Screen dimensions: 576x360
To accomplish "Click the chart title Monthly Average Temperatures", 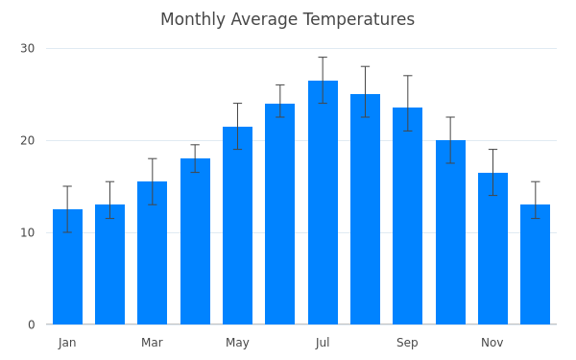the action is (288, 19).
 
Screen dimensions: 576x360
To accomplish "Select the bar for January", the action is (67, 267).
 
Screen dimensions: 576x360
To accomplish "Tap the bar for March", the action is (152, 252).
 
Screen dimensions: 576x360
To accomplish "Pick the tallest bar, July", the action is (323, 203).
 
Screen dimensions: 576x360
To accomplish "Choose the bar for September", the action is (407, 216).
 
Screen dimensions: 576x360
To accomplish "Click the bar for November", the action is (493, 249).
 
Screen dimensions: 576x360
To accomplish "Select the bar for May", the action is (238, 226).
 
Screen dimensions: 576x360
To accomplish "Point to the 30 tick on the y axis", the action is (28, 48).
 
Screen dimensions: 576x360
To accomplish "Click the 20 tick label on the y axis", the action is (28, 140).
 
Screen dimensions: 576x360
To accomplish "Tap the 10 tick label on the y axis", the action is (28, 232).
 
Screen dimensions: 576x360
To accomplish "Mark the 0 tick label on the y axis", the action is (32, 324).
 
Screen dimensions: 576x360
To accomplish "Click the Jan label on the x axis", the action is (67, 343).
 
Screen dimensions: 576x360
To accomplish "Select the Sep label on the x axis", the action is (407, 343).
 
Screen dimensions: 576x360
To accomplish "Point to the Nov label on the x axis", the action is (492, 343).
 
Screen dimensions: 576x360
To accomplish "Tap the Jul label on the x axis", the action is (323, 343).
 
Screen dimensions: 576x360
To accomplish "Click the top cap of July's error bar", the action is (323, 58).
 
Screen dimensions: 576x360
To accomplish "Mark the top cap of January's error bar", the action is (67, 186).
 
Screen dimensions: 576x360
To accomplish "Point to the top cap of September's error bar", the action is (407, 76).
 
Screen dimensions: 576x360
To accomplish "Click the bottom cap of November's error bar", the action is (493, 196).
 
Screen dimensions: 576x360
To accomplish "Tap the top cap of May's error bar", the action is (238, 104).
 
